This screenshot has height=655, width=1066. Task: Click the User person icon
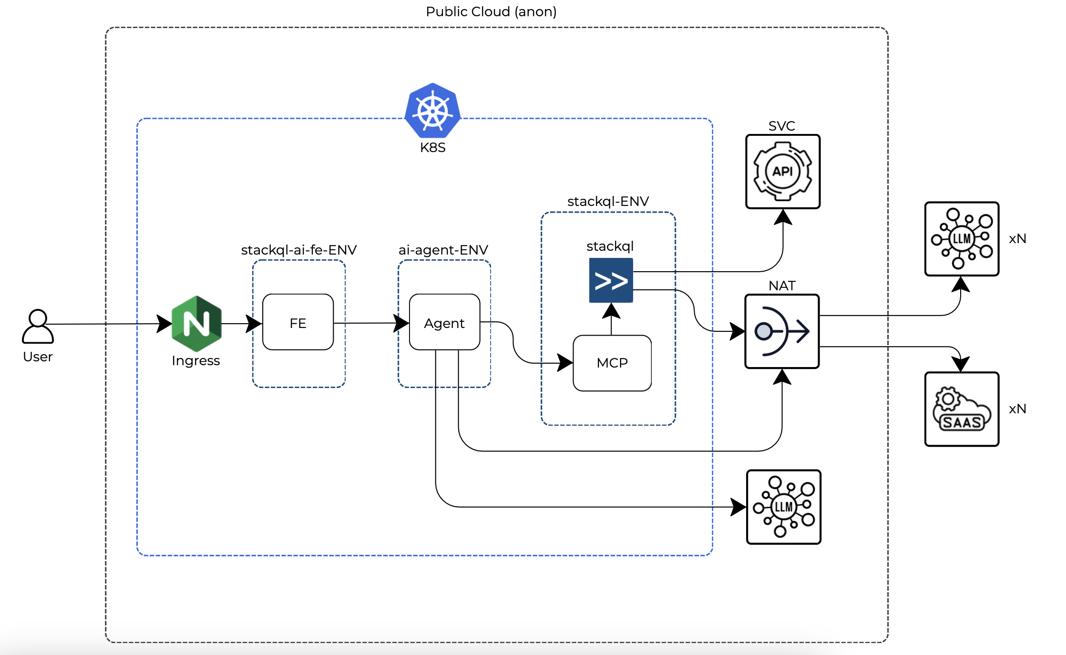pyautogui.click(x=38, y=327)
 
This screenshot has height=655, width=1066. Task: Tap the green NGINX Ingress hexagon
pyautogui.click(x=196, y=324)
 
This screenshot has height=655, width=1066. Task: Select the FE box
pyautogui.click(x=298, y=323)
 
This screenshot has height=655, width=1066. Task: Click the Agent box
pyautogui.click(x=444, y=323)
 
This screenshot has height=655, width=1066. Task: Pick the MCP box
pyautogui.click(x=612, y=363)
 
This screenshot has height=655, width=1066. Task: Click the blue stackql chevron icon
pyautogui.click(x=611, y=280)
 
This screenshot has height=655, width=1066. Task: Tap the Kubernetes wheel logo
pyautogui.click(x=432, y=111)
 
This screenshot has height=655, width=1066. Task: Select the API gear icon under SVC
pyautogui.click(x=783, y=172)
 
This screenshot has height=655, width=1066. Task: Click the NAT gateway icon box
pyautogui.click(x=782, y=331)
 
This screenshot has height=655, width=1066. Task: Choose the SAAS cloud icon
pyautogui.click(x=962, y=409)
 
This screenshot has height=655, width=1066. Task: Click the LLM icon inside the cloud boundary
pyautogui.click(x=783, y=507)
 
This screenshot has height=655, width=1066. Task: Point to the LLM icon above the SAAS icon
pyautogui.click(x=962, y=239)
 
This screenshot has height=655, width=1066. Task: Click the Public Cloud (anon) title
pyautogui.click(x=491, y=11)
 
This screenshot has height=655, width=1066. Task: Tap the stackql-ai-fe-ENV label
pyautogui.click(x=298, y=250)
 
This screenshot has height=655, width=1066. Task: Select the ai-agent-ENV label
pyautogui.click(x=443, y=250)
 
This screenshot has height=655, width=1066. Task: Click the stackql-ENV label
pyautogui.click(x=608, y=201)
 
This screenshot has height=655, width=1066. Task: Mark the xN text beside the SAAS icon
pyautogui.click(x=1017, y=409)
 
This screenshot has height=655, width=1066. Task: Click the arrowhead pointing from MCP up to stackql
pyautogui.click(x=611, y=311)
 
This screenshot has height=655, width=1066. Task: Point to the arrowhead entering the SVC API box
pyautogui.click(x=783, y=217)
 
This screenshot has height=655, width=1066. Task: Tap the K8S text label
pyautogui.click(x=432, y=147)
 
